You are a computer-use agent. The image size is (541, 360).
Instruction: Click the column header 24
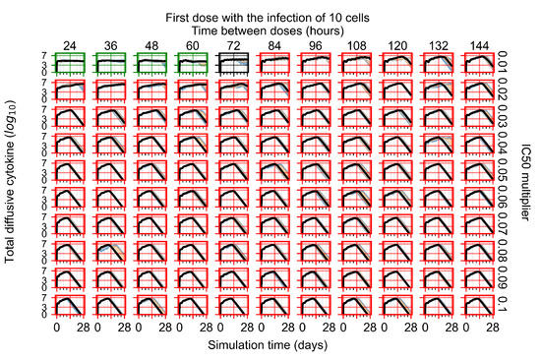[71, 43]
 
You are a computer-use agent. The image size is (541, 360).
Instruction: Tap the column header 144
[479, 43]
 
